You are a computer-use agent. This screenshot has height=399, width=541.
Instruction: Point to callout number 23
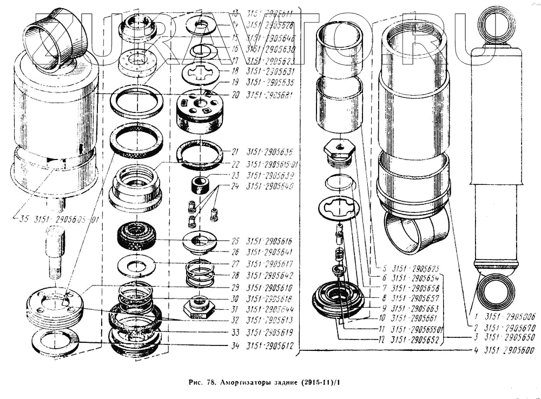pos(234,175)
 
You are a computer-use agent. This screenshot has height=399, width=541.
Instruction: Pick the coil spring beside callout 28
pos(201,273)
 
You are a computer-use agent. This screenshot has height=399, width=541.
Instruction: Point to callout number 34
pos(234,344)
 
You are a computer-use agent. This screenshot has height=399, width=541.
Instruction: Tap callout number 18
pos(234,71)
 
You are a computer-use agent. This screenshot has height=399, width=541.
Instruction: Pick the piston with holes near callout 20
pos(199,110)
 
